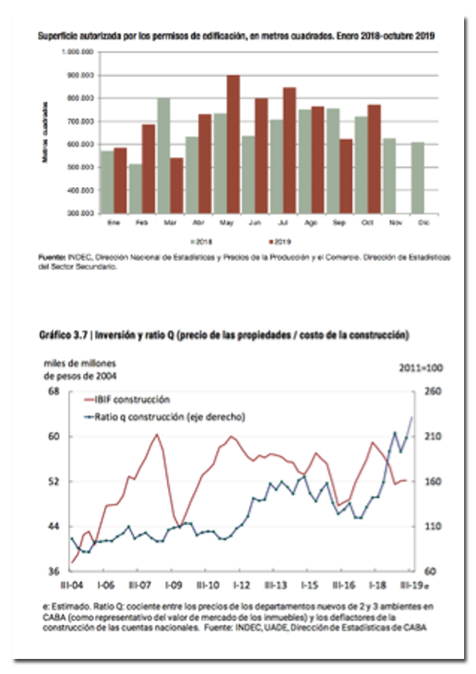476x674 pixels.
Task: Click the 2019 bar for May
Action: pyautogui.click(x=233, y=144)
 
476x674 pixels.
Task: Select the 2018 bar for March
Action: pyautogui.click(x=163, y=155)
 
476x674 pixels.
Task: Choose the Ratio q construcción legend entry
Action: pyautogui.click(x=164, y=416)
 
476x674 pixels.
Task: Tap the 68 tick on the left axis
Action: pyautogui.click(x=55, y=392)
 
